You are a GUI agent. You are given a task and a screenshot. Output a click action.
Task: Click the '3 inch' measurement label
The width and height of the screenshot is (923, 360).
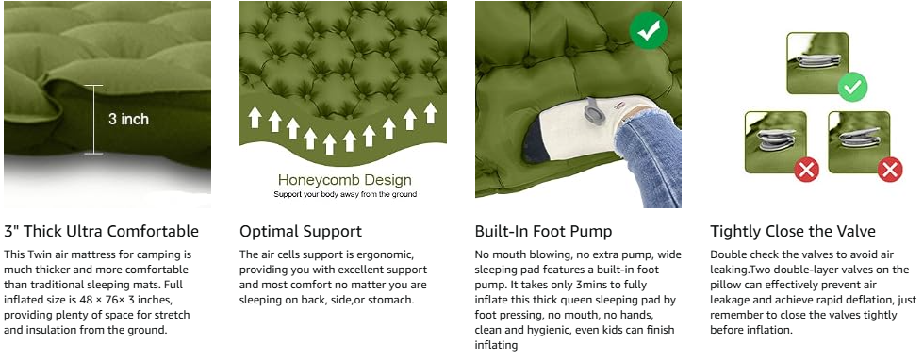(128, 119)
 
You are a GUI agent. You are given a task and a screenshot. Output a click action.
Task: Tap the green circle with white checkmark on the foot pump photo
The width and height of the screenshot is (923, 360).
(648, 29)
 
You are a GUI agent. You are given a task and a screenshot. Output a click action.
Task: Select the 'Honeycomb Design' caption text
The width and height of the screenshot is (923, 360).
(344, 179)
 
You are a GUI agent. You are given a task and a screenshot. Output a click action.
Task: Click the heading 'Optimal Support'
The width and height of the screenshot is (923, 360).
(300, 231)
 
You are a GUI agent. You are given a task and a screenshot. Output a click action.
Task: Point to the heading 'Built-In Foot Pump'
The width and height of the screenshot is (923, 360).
(543, 231)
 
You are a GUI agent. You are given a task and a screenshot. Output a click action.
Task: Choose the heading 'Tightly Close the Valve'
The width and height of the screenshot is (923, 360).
(792, 231)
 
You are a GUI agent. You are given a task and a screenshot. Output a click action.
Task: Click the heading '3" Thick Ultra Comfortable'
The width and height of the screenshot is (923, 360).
(101, 231)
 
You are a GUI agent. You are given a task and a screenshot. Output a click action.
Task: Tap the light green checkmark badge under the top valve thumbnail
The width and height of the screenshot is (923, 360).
(851, 89)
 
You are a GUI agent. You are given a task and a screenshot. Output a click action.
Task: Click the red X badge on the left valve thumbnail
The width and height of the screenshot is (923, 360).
(806, 170)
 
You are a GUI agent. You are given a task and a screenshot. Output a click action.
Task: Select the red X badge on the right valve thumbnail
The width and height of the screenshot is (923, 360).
(889, 170)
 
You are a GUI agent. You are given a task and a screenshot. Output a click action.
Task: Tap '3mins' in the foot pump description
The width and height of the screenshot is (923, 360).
(602, 286)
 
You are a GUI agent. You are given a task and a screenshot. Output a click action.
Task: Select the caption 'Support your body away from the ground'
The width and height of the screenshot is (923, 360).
(344, 194)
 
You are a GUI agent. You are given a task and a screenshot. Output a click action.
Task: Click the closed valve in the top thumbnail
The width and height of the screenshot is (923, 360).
(817, 60)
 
